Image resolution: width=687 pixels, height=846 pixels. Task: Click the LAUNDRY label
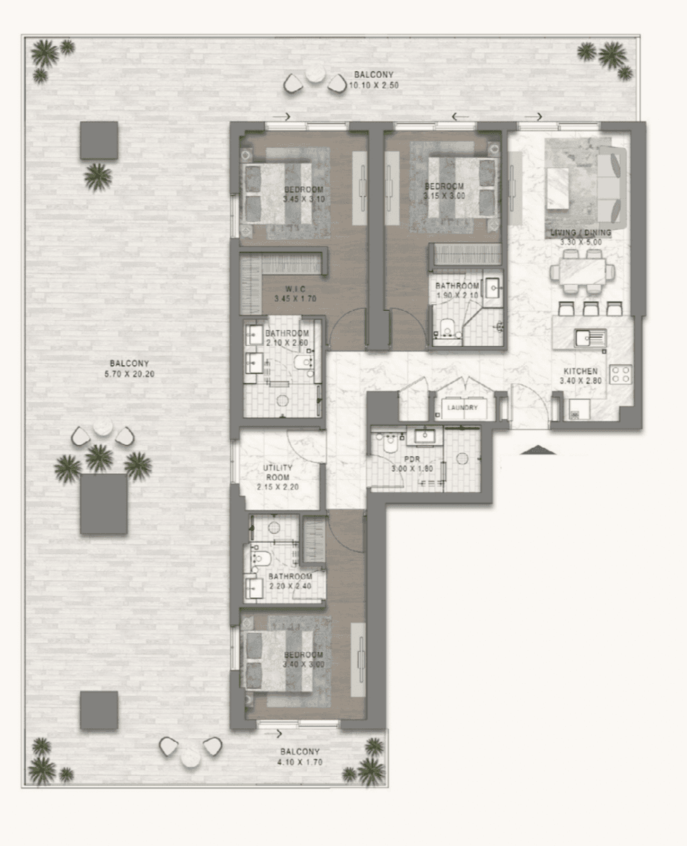pos(462,407)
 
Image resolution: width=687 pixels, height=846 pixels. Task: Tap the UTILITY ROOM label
pos(278,472)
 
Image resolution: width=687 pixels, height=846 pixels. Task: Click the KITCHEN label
pos(580,372)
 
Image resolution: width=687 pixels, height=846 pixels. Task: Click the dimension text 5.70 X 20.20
pos(129,374)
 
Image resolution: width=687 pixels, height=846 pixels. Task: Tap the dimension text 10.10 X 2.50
pos(374,86)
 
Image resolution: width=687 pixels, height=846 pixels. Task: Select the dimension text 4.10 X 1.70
pos(300,762)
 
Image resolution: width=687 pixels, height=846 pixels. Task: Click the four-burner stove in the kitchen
pos(620,374)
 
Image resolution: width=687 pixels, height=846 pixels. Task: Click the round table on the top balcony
pos(315,74)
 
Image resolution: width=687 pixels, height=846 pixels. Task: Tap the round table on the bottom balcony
pos(190,757)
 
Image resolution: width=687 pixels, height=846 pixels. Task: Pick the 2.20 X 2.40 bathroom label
pos(290,582)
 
